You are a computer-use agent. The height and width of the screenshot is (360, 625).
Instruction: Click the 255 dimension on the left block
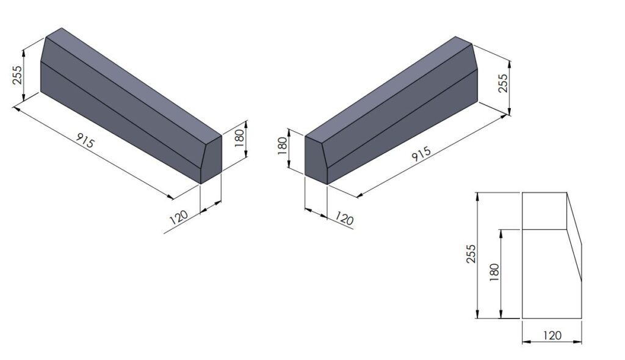(x=16, y=75)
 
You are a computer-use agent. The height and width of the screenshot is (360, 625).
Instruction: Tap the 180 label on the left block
(x=240, y=135)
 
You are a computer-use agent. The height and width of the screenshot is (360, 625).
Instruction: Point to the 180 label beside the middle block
(x=282, y=146)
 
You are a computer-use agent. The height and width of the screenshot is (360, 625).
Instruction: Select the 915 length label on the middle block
(x=421, y=155)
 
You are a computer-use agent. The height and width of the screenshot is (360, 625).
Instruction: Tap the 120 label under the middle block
(x=344, y=219)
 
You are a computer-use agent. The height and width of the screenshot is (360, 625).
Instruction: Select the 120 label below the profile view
(x=552, y=335)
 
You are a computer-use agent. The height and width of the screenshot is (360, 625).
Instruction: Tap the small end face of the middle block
(x=316, y=160)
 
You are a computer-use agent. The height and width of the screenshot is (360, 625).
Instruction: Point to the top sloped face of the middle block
(x=391, y=88)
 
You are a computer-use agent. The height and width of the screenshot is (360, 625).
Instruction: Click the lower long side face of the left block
(x=116, y=122)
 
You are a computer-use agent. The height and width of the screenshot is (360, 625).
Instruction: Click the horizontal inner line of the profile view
(x=545, y=229)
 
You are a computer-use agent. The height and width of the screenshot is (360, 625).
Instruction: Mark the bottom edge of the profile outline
(x=552, y=318)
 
